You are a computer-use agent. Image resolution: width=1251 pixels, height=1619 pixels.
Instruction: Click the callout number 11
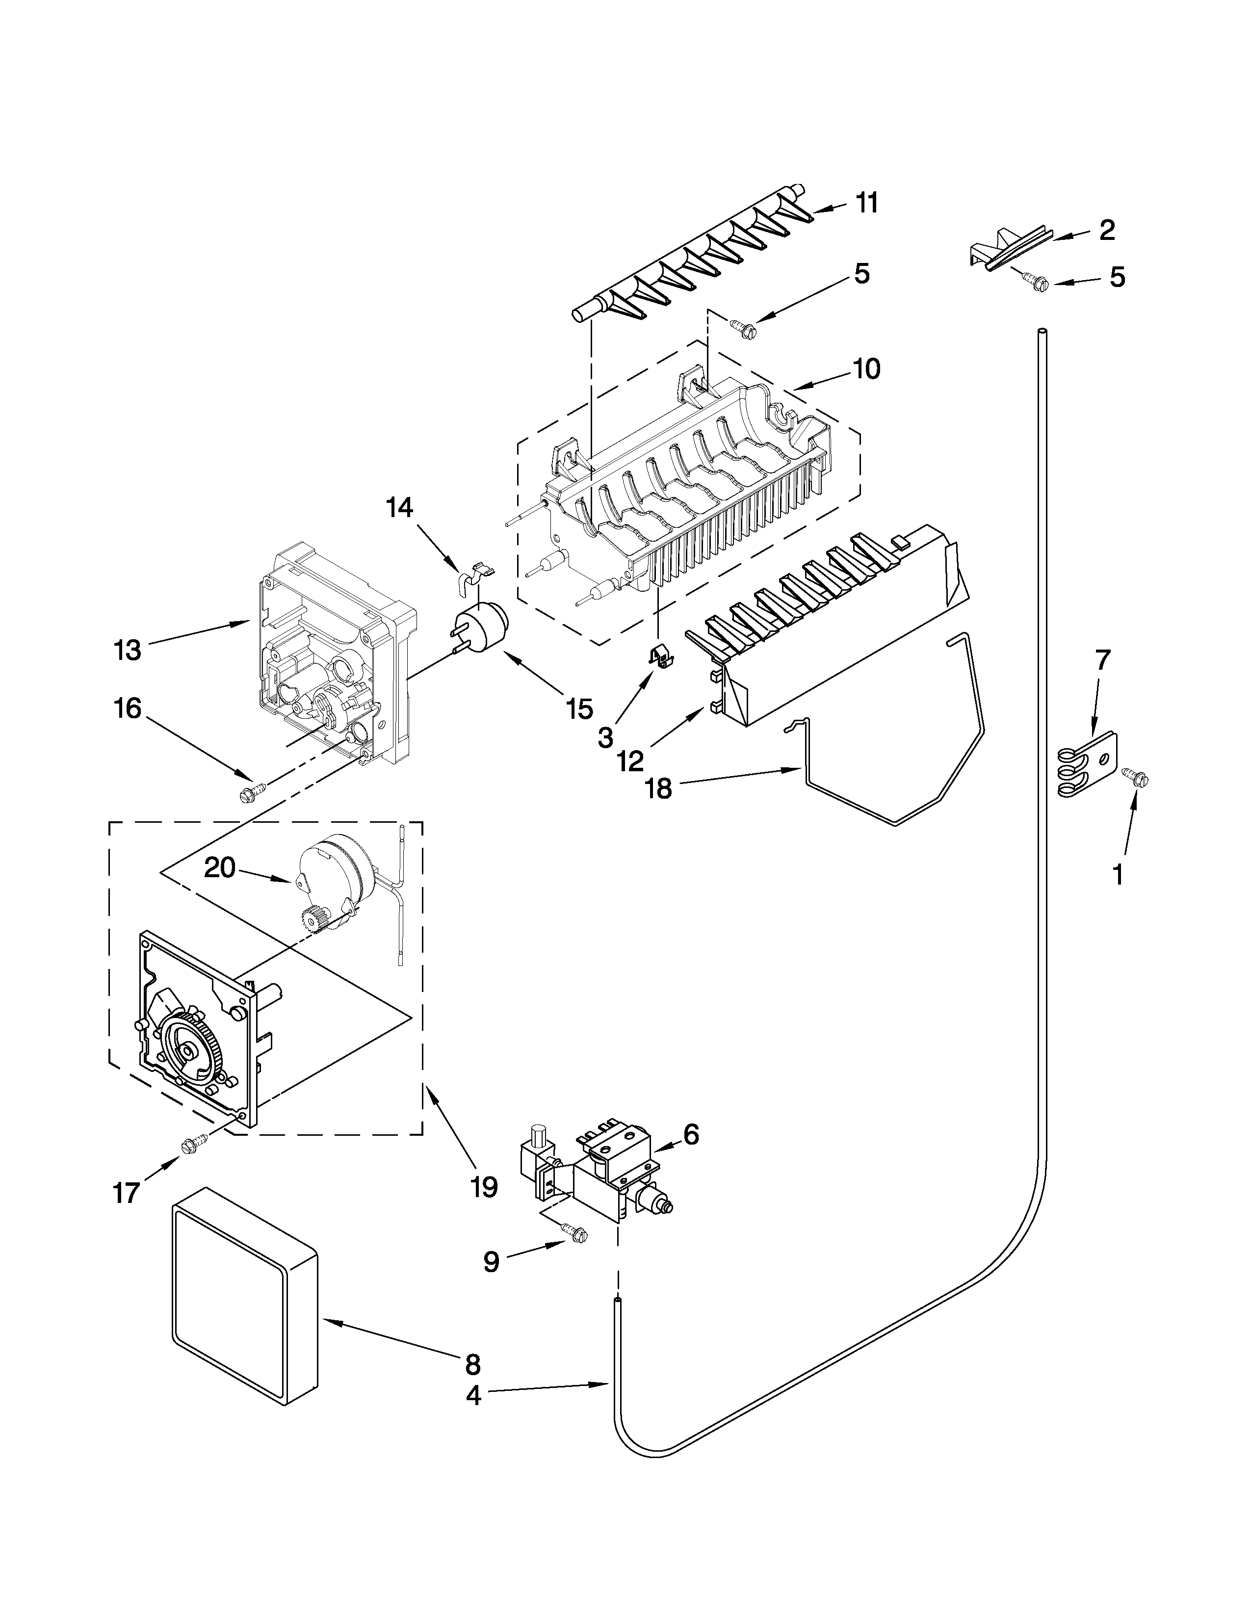[867, 202]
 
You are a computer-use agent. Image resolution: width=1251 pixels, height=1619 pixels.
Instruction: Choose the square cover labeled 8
[245, 1327]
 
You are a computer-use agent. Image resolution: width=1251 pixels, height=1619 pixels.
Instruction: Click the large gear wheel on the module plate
[187, 1051]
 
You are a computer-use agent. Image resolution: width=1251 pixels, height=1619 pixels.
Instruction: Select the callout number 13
[128, 651]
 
